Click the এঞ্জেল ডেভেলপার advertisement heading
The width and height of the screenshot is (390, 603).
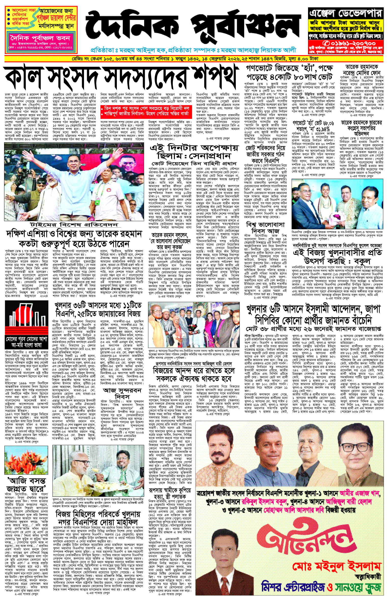point(345,13)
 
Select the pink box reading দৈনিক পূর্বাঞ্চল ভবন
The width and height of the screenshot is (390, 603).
point(40,38)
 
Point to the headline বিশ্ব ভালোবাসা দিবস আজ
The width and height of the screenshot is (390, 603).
point(265,228)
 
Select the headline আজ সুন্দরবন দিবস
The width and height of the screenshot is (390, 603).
point(122,394)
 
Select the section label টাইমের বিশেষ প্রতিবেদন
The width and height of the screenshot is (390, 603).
point(74,225)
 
